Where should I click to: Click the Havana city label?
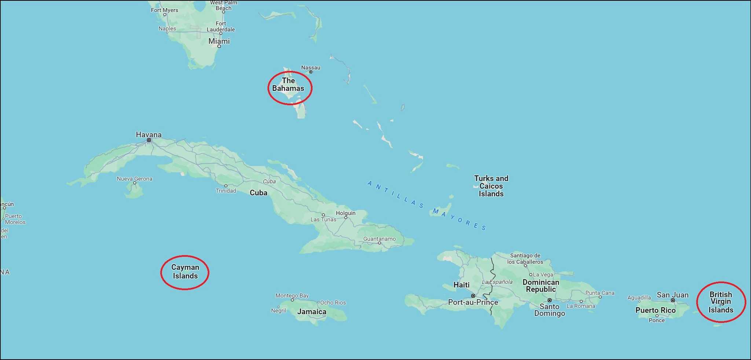[149, 135]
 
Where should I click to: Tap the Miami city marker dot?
[219, 47]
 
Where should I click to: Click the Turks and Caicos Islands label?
[491, 186]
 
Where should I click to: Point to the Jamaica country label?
[312, 312]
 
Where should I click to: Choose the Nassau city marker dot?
[311, 72]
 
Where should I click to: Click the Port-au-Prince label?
[473, 302]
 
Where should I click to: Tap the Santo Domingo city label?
[549, 310]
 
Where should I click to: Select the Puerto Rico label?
[655, 310]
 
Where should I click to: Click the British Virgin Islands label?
[721, 302]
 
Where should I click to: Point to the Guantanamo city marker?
[380, 243]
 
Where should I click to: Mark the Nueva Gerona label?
[134, 179]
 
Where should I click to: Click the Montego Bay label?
[292, 295]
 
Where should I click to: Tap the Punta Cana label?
[600, 293]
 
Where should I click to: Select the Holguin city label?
[345, 213]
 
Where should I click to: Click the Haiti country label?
[461, 285]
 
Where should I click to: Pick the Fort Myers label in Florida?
[164, 10]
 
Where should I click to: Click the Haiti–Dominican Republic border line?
[492, 275]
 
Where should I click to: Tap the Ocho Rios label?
[333, 302]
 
